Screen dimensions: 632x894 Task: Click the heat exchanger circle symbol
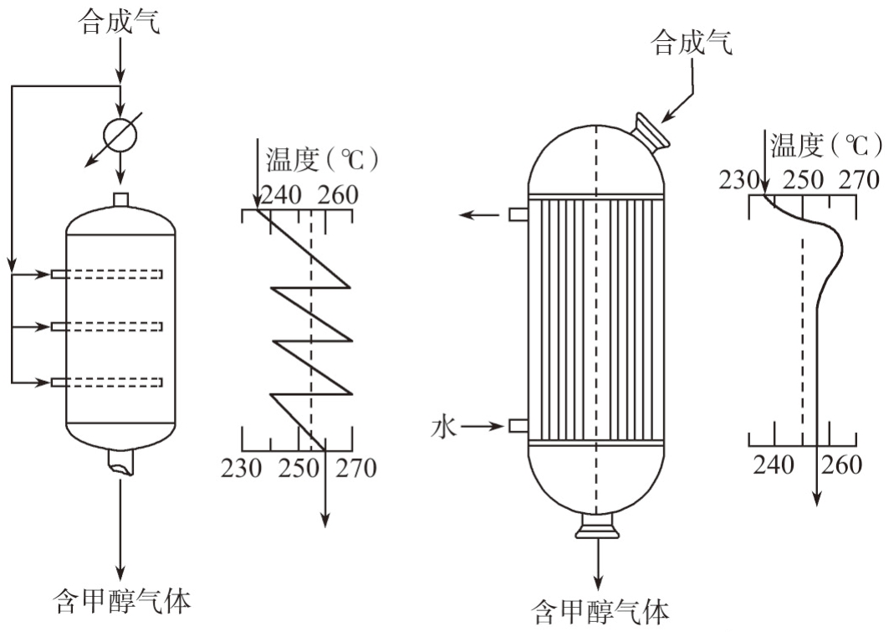[x=120, y=134]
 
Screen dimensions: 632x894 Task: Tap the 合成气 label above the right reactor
[x=692, y=42]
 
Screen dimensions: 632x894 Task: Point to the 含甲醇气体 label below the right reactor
[x=601, y=612]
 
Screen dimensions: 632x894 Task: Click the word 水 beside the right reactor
[x=443, y=427]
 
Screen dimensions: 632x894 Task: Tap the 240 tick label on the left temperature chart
[x=282, y=195]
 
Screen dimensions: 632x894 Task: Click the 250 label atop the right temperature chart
[x=803, y=180]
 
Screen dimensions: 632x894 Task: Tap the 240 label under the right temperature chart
[x=774, y=464]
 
